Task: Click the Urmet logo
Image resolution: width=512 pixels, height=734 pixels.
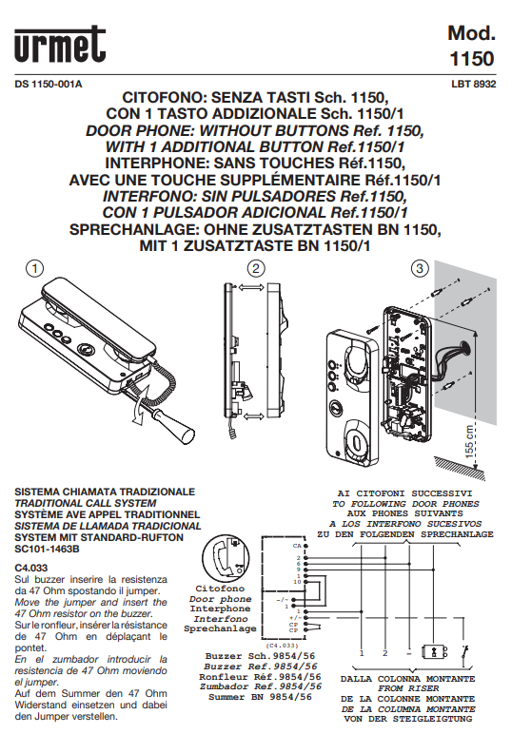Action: [x=59, y=45]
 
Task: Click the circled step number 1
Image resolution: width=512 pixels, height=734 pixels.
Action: [x=35, y=269]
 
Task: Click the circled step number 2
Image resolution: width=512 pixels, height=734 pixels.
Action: [x=255, y=269]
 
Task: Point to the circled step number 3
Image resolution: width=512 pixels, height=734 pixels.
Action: [x=419, y=269]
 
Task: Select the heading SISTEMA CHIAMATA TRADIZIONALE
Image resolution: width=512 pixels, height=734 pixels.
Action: [x=104, y=492]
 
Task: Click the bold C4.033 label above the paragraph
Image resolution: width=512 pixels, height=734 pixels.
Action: [x=32, y=567]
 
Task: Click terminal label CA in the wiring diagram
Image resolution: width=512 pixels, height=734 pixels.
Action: [x=296, y=546]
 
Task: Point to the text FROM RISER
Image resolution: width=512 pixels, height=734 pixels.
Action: [x=404, y=686]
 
